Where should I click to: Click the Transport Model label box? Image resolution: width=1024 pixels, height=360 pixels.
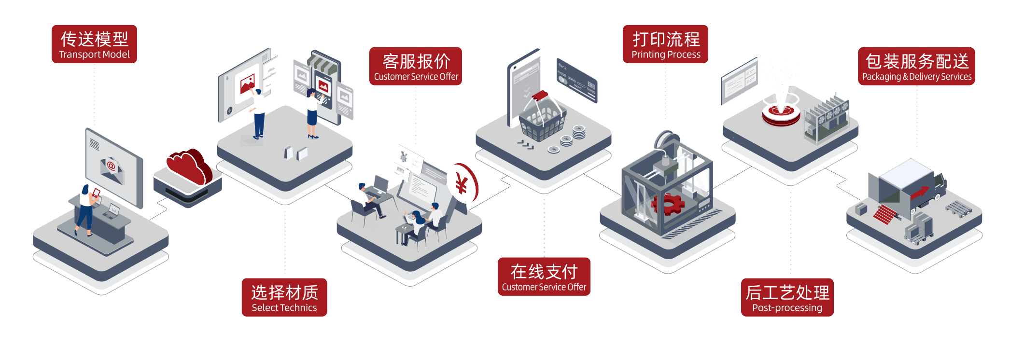click(x=94, y=44)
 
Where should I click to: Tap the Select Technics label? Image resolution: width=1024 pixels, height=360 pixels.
click(x=284, y=297)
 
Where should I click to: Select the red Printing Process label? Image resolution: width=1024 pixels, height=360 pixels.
click(x=665, y=44)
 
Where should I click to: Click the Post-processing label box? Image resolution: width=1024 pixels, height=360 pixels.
click(x=787, y=297)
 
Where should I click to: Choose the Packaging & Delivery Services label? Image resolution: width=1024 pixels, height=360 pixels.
click(x=916, y=66)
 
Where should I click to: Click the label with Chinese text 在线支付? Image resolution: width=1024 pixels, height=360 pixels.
click(x=544, y=276)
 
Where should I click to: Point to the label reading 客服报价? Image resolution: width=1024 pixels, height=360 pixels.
click(x=416, y=66)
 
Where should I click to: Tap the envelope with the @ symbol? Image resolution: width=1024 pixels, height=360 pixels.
click(x=112, y=168)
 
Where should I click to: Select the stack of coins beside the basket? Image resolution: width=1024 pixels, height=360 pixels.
click(x=578, y=131)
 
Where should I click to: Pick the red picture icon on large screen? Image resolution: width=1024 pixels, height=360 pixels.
click(x=248, y=84)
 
